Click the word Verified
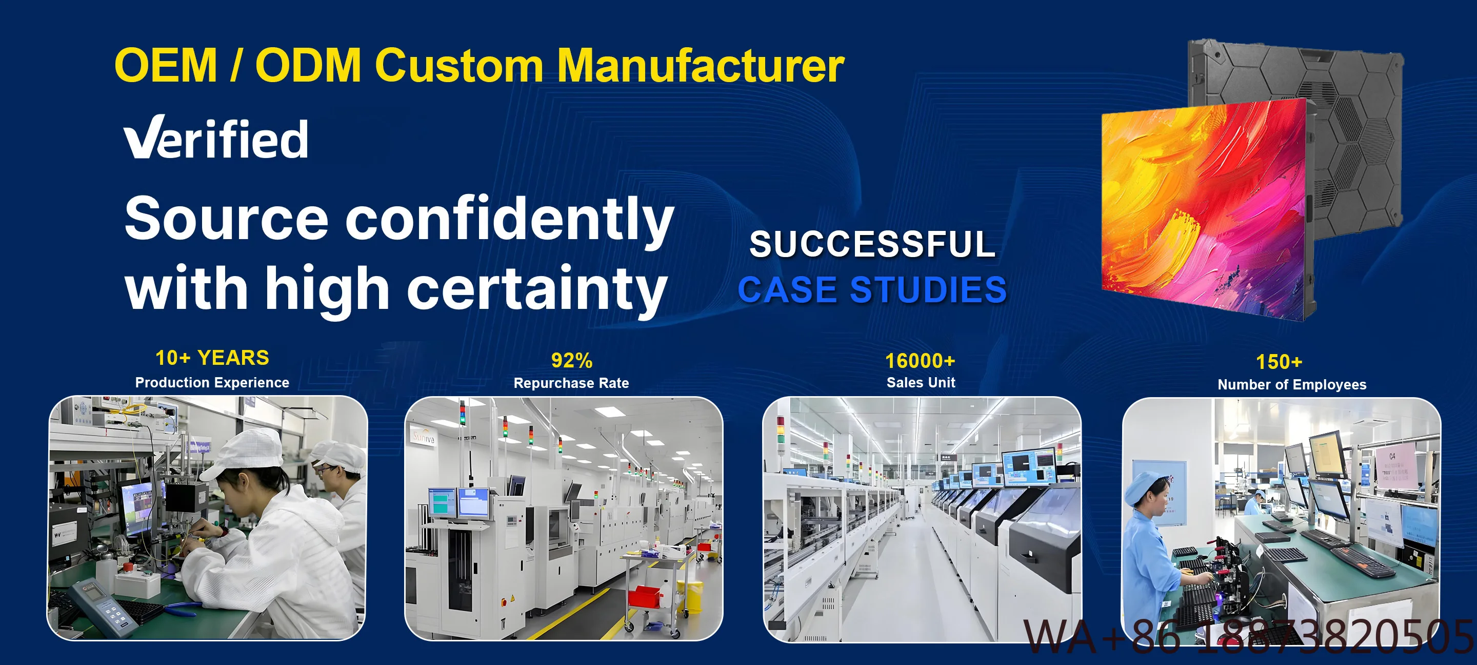(x=216, y=138)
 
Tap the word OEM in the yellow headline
(x=166, y=65)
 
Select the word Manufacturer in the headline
(x=701, y=65)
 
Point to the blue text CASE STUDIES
(x=872, y=289)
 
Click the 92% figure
(x=572, y=360)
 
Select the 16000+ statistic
(x=920, y=361)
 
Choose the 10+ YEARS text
(x=212, y=358)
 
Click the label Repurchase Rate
(x=571, y=383)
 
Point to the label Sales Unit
(x=921, y=383)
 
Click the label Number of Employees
(x=1292, y=385)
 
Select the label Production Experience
(x=212, y=383)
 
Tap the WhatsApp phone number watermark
(x=1248, y=637)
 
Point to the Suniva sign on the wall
(x=424, y=437)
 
